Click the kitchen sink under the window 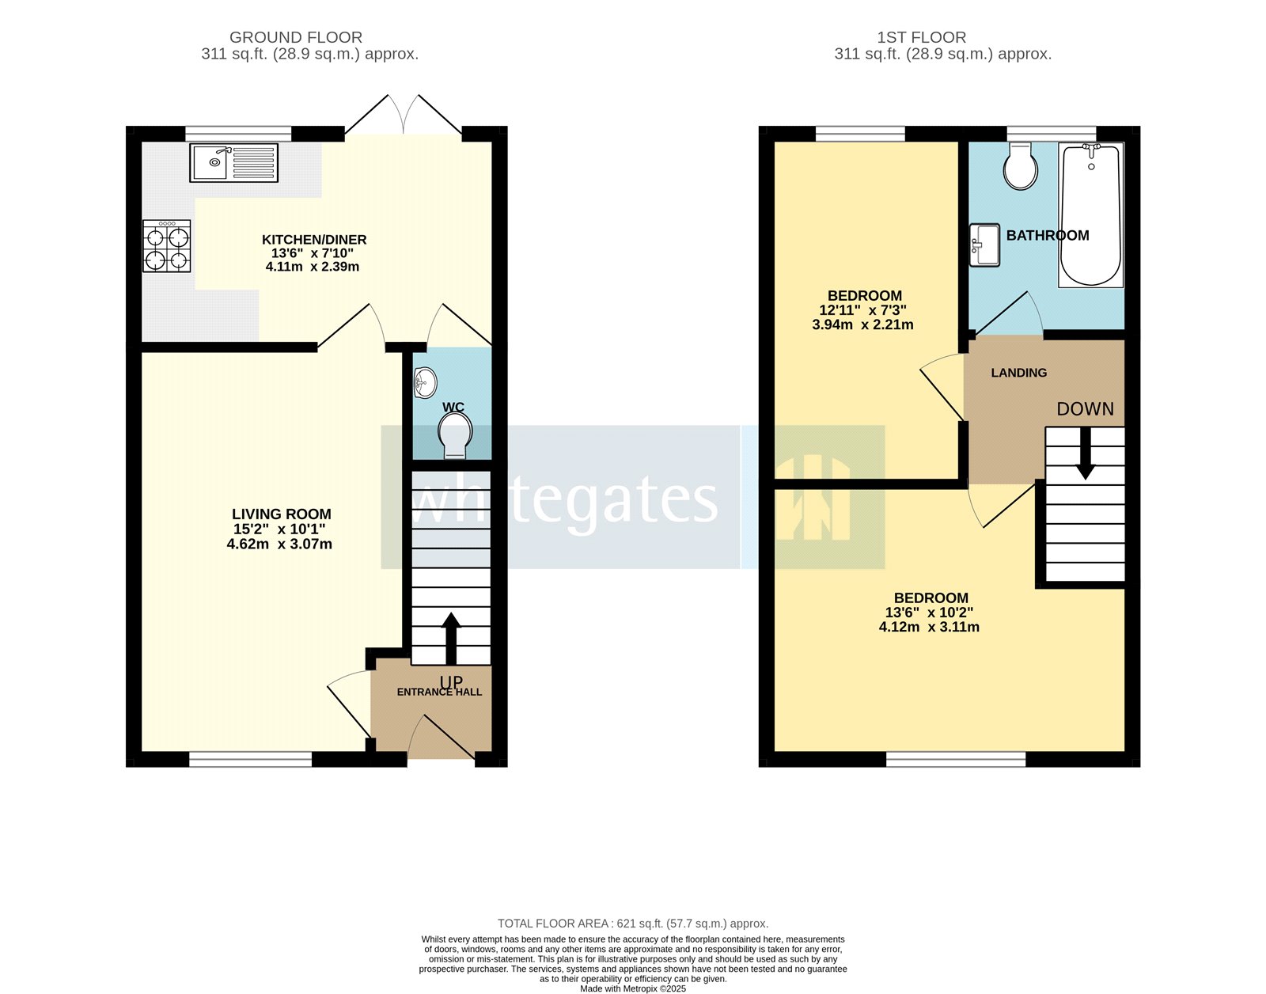(x=233, y=162)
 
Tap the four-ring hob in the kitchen (x=167, y=246)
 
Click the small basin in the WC (x=425, y=384)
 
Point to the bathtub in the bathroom (x=1091, y=215)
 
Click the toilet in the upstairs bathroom (x=1021, y=167)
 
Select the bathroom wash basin (x=985, y=245)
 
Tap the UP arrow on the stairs (x=451, y=638)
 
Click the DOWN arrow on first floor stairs (x=1086, y=453)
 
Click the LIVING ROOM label (x=282, y=514)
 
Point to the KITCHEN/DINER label (x=314, y=240)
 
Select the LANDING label (x=1018, y=373)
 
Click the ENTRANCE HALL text (x=439, y=692)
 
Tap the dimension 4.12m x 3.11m (x=929, y=627)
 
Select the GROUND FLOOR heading (x=296, y=37)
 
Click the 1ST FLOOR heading (x=921, y=37)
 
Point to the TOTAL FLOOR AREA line (x=632, y=924)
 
